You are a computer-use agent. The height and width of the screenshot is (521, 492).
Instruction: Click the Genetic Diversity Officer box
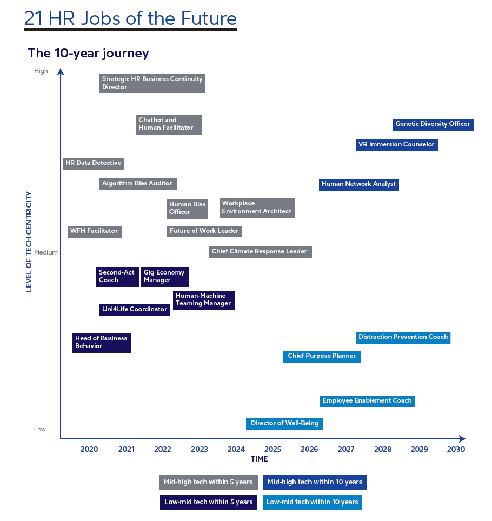433,124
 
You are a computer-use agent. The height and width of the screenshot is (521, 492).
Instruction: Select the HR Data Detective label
93,163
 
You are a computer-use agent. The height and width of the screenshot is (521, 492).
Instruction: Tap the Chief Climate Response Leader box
260,251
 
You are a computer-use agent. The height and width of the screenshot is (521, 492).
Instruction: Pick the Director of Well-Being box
284,423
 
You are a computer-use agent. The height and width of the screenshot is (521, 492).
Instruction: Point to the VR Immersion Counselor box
396,145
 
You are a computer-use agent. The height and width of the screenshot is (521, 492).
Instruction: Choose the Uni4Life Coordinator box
135,310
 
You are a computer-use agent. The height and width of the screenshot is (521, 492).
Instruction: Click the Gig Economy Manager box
164,277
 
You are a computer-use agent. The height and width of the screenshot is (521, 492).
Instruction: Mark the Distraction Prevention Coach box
403,337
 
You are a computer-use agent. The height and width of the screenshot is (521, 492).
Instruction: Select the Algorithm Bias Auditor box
137,184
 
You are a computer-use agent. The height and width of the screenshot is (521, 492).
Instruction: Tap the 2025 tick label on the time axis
272,449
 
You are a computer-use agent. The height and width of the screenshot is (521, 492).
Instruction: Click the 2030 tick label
456,449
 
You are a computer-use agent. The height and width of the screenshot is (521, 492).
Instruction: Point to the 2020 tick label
89,449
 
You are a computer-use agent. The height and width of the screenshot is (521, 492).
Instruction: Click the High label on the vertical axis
41,71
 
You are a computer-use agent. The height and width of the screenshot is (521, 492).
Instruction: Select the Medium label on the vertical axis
46,252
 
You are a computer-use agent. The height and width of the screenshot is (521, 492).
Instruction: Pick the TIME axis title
259,459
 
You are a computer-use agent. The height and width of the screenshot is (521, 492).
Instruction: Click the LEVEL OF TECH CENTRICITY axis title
29,242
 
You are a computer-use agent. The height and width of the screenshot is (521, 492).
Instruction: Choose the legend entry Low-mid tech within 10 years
312,502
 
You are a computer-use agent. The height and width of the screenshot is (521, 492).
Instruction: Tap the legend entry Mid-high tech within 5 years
208,482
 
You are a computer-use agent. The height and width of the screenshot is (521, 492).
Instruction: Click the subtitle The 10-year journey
89,54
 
